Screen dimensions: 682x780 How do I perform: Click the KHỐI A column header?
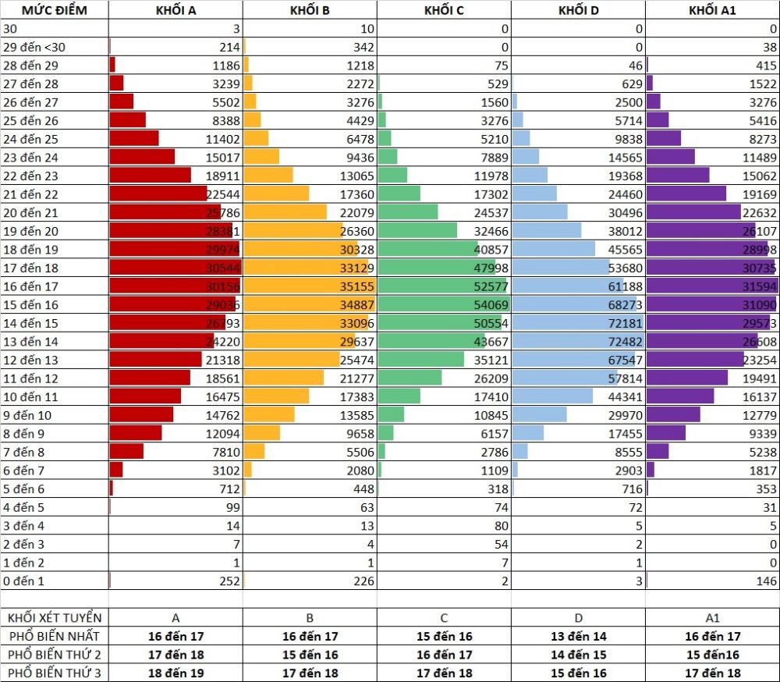[175, 10]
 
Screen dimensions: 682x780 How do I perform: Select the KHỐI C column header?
[444, 10]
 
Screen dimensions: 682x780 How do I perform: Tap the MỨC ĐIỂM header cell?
[55, 10]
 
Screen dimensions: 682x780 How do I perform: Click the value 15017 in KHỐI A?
[222, 157]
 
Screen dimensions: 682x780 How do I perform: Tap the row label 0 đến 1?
[24, 581]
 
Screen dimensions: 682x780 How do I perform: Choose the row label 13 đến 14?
[30, 341]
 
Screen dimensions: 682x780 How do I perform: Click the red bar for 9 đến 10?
[141, 414]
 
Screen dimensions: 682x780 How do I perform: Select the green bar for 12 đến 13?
[420, 359]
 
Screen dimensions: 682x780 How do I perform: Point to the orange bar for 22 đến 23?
[268, 176]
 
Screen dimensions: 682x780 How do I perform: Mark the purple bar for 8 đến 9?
[665, 433]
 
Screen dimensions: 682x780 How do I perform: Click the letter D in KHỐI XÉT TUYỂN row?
[578, 617]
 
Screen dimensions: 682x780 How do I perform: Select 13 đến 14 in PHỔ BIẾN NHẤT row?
[578, 636]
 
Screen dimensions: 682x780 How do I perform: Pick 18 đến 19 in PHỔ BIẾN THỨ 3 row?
[175, 673]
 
